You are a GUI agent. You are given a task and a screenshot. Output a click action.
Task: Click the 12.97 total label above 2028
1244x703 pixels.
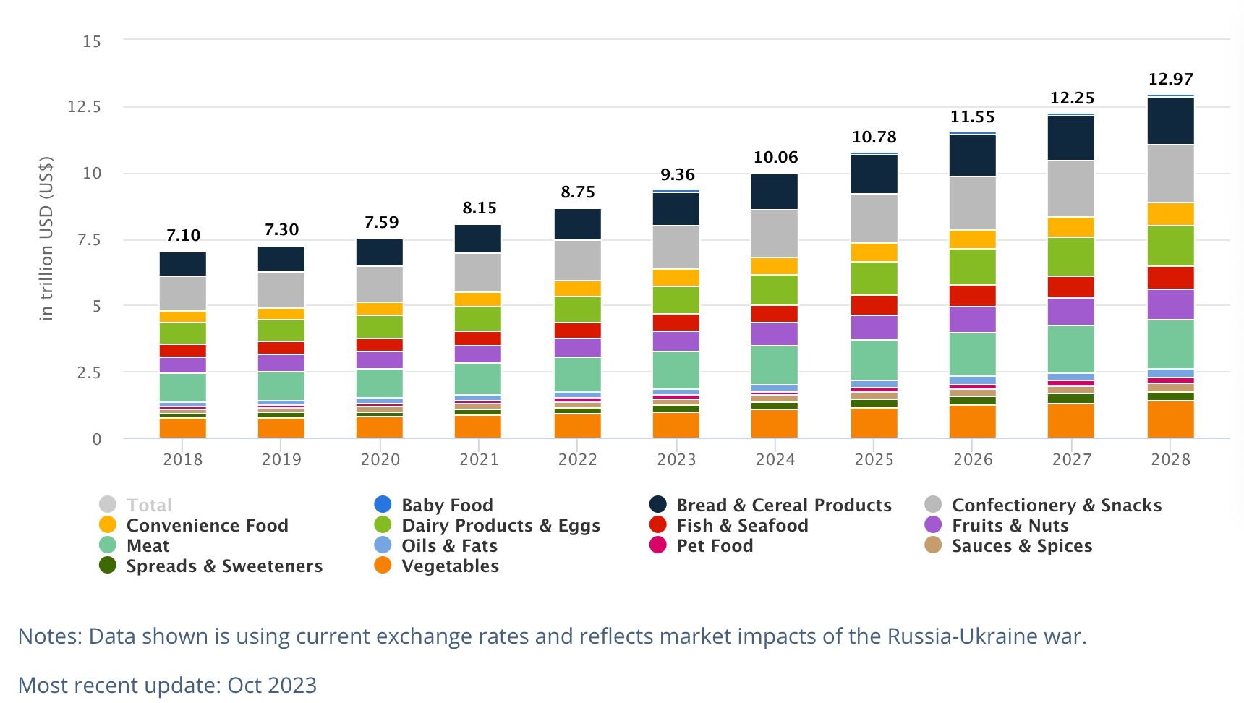1170,80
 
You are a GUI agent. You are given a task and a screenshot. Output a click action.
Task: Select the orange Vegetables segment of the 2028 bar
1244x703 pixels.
1170,419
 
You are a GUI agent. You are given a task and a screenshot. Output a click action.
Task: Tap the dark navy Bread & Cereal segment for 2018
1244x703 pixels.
182,264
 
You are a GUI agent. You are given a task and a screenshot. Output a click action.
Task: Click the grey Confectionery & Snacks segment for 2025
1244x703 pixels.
874,218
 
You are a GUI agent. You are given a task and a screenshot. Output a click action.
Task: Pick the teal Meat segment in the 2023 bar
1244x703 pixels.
676,370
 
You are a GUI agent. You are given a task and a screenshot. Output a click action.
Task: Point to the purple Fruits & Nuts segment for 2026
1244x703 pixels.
972,320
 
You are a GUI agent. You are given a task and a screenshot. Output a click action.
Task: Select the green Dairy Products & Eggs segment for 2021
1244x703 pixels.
477,319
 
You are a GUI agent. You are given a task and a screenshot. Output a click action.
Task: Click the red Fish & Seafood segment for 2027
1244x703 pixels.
1070,287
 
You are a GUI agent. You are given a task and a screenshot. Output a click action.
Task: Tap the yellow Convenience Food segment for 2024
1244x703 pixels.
774,266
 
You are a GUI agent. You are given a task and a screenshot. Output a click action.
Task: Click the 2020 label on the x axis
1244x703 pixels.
380,459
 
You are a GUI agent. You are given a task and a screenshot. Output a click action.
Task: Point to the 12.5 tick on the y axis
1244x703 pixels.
84,107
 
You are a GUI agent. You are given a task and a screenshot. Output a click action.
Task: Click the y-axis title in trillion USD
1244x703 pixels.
46,239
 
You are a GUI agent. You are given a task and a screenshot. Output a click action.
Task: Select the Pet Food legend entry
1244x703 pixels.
714,546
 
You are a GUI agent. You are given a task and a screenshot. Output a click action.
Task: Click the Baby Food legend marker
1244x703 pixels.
383,505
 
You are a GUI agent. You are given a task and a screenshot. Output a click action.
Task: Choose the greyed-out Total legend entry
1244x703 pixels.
149,505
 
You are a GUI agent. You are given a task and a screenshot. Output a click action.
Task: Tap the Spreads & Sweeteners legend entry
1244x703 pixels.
224,566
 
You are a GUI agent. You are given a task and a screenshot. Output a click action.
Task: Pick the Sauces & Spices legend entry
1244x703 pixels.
1021,546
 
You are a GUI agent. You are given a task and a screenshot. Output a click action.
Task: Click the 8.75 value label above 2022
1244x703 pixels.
577,192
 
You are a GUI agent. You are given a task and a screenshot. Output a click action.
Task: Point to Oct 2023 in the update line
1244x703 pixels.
272,685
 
